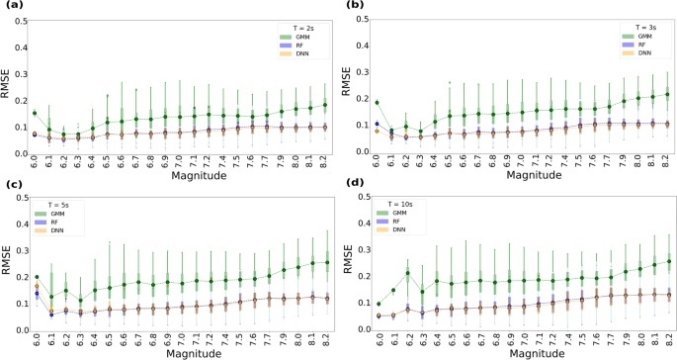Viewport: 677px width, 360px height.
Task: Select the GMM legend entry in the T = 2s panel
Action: click(x=289, y=36)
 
